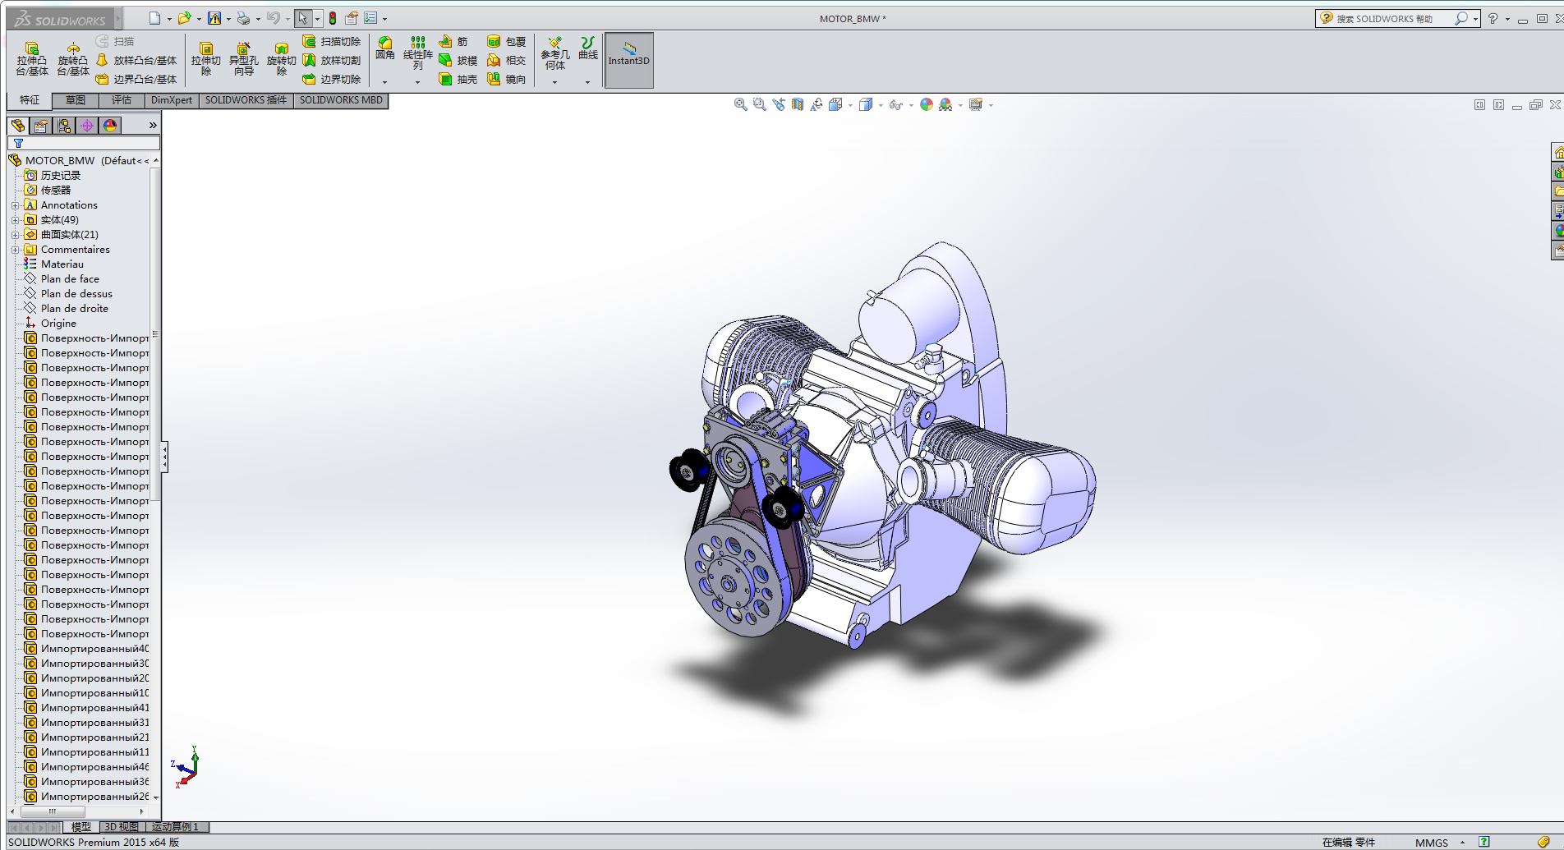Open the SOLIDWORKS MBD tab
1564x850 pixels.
(x=340, y=100)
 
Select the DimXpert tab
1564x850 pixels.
(x=171, y=100)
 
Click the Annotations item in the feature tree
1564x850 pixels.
(x=69, y=205)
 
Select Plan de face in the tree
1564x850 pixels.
(x=70, y=279)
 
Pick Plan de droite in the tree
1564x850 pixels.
(x=74, y=309)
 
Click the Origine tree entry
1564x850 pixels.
(x=58, y=324)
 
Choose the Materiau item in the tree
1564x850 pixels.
(x=62, y=264)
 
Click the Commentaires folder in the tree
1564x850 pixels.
(x=75, y=250)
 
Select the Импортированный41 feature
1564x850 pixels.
(x=94, y=708)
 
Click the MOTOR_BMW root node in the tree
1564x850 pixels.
(x=60, y=161)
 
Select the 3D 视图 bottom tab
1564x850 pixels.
(x=122, y=827)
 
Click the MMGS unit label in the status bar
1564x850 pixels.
(x=1431, y=843)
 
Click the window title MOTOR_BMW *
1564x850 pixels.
(x=853, y=19)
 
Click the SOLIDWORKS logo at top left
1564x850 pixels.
(x=61, y=19)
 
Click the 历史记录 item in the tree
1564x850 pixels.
(x=61, y=176)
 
